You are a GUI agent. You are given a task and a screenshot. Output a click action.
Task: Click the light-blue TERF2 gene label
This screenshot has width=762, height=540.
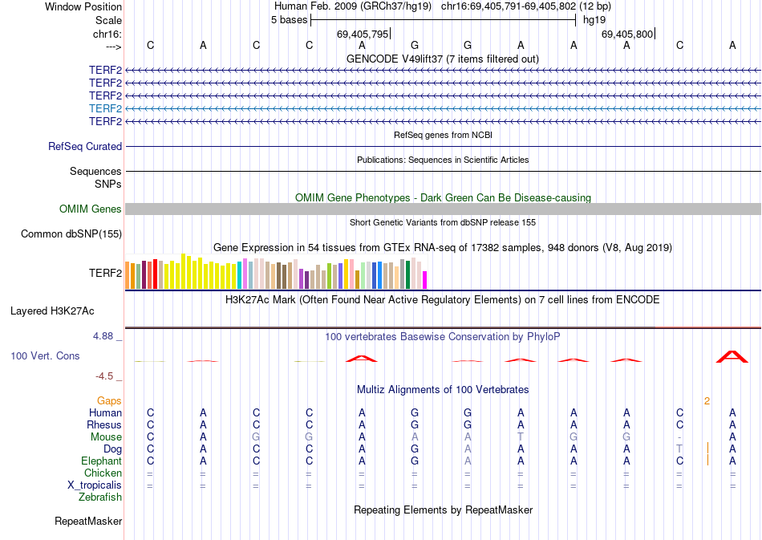(x=105, y=108)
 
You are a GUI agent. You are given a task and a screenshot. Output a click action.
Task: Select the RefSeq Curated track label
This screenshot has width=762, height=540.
(x=85, y=147)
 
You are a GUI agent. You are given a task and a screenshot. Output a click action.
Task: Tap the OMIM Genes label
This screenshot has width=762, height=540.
(x=91, y=209)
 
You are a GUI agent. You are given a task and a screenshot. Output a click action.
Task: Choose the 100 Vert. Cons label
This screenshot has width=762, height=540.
(x=46, y=355)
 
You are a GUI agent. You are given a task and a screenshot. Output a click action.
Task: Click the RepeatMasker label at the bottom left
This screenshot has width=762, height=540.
(x=88, y=522)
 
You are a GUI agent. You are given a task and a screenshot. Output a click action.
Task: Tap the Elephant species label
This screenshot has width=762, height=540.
(x=101, y=461)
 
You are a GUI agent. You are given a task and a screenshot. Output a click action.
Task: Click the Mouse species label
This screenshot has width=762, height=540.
(x=106, y=436)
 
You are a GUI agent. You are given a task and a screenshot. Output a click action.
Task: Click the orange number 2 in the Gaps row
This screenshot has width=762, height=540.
(x=707, y=400)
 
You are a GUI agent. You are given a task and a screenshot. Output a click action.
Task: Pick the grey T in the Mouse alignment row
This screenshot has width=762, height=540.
(x=521, y=436)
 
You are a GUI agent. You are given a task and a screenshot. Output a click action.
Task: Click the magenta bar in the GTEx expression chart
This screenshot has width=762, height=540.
(x=425, y=279)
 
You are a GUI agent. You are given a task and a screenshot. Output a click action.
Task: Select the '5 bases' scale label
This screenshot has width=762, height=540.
(x=289, y=20)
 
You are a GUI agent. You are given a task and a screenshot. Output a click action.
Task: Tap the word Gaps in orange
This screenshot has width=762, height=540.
(x=109, y=400)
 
